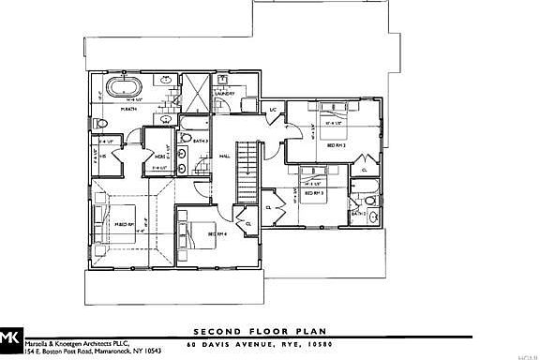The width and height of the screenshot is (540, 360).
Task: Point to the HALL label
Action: click(225, 157)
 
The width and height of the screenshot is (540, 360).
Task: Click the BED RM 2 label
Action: click(337, 145)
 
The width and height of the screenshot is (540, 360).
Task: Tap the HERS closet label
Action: click(160, 157)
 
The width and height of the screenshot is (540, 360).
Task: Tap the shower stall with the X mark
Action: click(198, 93)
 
